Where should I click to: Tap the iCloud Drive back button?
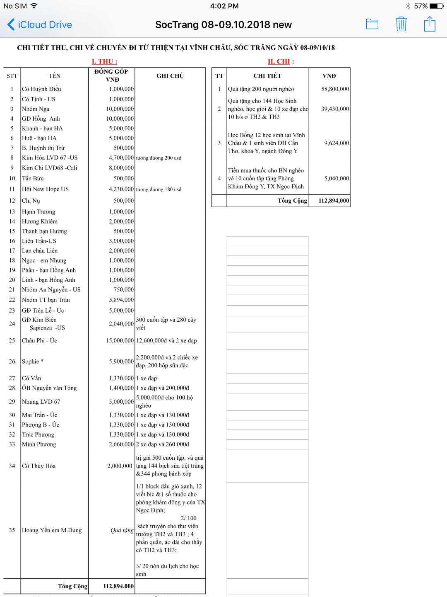[x=40, y=24]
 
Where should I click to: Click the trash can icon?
[x=401, y=24]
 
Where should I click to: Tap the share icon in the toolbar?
[x=430, y=24]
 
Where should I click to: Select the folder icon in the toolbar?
[x=372, y=24]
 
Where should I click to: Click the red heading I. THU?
[x=104, y=61]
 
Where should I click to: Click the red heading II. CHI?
[x=281, y=61]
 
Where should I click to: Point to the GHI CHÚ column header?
[x=170, y=76]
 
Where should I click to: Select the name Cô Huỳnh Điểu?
[x=41, y=89]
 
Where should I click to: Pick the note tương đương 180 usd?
[x=159, y=189]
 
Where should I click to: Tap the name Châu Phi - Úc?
[x=40, y=340]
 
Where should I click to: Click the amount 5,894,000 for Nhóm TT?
[x=121, y=300]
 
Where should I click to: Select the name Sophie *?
[x=33, y=362]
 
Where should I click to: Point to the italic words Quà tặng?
[x=122, y=530]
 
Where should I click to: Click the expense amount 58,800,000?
[x=335, y=89]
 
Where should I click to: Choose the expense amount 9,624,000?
[x=336, y=143]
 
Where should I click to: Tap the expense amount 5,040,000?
[x=336, y=179]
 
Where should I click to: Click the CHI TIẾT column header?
[x=267, y=76]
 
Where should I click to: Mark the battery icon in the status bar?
[x=436, y=6]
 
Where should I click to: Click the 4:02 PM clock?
[x=224, y=6]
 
